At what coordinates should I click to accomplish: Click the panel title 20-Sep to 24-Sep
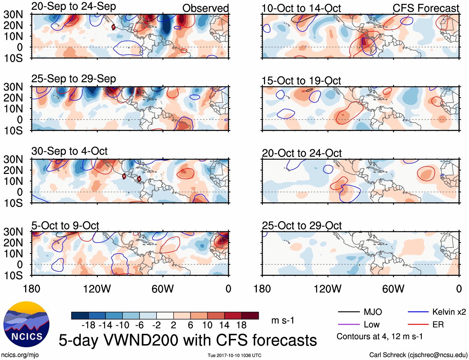click(x=74, y=7)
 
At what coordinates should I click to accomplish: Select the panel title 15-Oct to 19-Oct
click(x=301, y=81)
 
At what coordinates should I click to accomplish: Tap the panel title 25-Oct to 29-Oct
click(x=302, y=226)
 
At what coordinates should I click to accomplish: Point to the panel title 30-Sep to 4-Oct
click(x=69, y=151)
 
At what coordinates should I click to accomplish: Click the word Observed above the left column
click(x=205, y=8)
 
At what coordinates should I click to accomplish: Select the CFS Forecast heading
click(x=426, y=8)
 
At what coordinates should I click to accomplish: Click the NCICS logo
click(x=26, y=324)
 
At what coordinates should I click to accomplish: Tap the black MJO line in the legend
click(x=348, y=312)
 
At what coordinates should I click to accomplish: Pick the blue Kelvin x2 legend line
click(x=418, y=312)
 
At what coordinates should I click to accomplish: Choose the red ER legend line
click(x=418, y=325)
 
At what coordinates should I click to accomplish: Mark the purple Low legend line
click(x=348, y=325)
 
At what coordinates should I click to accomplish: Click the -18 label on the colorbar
click(x=88, y=325)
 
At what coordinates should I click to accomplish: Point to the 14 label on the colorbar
click(x=224, y=325)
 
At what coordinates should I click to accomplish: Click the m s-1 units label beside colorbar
click(x=283, y=320)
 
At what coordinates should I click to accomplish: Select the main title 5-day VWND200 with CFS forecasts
click(x=188, y=340)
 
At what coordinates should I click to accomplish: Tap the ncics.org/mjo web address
click(x=20, y=355)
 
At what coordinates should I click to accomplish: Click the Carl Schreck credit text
click(x=418, y=355)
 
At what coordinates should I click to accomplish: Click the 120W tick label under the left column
click(x=97, y=289)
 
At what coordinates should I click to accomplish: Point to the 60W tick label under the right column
click(x=393, y=289)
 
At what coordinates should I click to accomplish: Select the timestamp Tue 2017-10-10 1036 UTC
click(x=234, y=355)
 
